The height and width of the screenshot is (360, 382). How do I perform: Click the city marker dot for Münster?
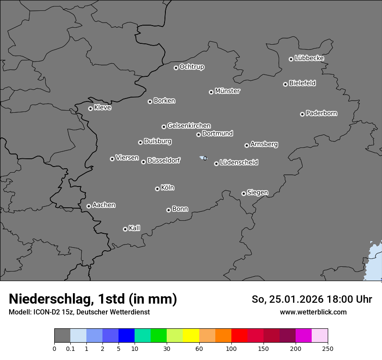[x=211, y=92]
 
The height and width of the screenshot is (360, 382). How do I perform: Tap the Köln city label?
[x=168, y=188]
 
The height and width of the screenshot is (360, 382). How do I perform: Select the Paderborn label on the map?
[x=322, y=113]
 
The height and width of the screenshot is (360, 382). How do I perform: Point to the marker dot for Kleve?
[x=90, y=108]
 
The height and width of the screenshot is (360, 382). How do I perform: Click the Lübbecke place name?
[x=309, y=58]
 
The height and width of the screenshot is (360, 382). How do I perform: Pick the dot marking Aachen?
[x=89, y=206]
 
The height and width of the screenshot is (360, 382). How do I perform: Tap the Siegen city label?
[x=257, y=193]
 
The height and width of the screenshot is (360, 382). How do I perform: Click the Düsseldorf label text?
[x=164, y=160]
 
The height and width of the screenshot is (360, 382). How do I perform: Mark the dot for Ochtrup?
[x=176, y=68]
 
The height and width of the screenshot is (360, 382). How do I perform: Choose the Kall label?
[x=135, y=228]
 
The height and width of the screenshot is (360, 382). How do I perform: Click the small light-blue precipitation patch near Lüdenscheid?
[x=203, y=158]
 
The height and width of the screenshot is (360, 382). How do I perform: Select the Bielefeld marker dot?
[x=285, y=84]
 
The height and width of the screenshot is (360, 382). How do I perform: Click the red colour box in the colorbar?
[x=239, y=336]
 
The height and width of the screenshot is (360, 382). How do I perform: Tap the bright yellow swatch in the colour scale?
[x=191, y=336]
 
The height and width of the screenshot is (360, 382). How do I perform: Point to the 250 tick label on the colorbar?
[x=328, y=348]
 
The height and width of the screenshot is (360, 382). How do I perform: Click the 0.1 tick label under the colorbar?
[x=70, y=348]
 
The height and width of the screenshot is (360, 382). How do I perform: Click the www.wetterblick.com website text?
[x=313, y=312]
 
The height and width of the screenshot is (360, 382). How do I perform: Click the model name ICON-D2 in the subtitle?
[x=46, y=312]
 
